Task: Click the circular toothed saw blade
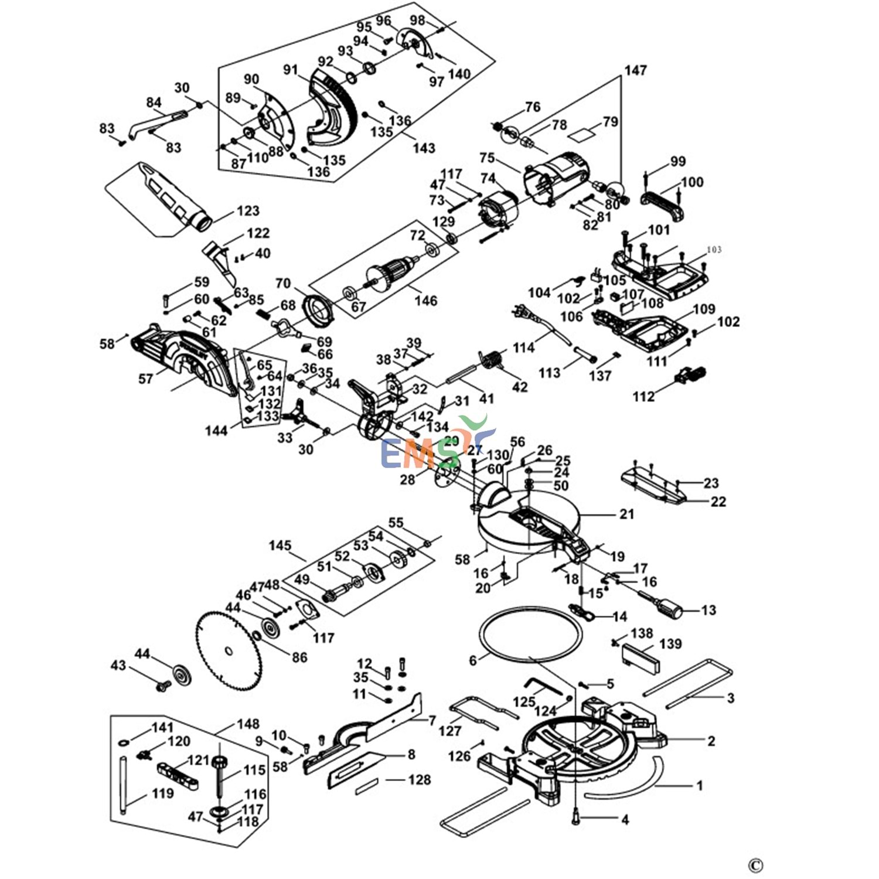pos(228,650)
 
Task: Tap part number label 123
pos(248,211)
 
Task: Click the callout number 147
pos(635,70)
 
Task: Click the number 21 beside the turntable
pos(626,514)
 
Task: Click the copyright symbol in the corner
pos(755,865)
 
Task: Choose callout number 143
pos(423,148)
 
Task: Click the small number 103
pos(714,250)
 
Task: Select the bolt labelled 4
pos(576,816)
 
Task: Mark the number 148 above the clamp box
pos(248,724)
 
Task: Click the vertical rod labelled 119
pos(123,785)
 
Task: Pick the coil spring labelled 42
pos(492,358)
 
